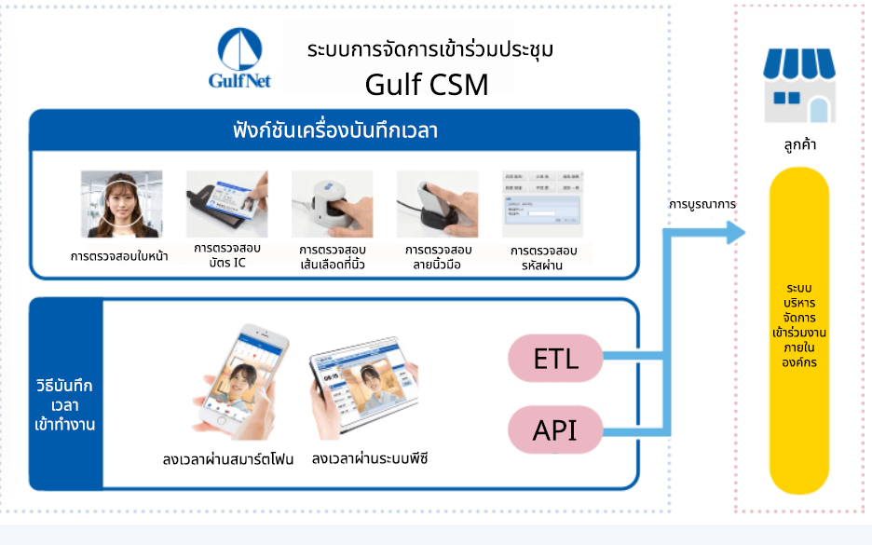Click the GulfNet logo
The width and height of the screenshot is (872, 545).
tap(239, 58)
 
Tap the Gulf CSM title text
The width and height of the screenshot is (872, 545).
tap(427, 85)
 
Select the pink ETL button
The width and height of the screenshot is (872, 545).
tap(555, 359)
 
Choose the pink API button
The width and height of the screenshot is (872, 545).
tap(555, 430)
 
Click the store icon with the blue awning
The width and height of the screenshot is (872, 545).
tap(799, 85)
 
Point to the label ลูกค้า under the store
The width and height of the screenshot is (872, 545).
tap(799, 145)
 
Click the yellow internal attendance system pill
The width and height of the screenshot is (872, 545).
tap(799, 331)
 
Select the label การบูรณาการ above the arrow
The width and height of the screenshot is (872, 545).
tap(702, 203)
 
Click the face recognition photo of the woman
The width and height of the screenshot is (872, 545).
tap(121, 204)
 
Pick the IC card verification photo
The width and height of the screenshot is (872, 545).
tap(226, 204)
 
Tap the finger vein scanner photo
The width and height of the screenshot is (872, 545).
tap(332, 204)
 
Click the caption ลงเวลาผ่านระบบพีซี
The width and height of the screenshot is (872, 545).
tap(370, 459)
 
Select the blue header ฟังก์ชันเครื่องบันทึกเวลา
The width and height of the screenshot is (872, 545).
tap(334, 130)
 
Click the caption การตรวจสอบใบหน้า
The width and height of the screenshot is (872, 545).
tap(120, 256)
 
